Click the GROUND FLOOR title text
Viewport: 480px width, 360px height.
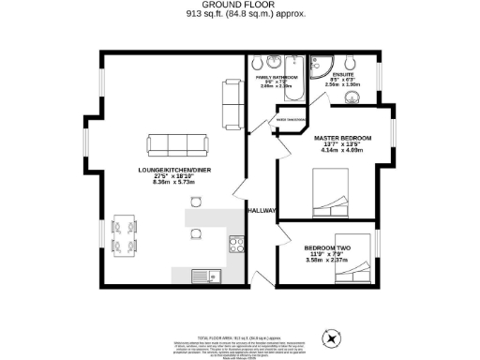coord(240,5)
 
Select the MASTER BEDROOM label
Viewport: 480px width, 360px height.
coord(342,138)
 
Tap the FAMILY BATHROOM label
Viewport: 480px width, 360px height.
coord(277,77)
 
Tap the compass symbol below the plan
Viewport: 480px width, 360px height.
coord(329,337)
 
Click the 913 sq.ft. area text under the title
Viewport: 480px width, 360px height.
coord(240,15)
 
